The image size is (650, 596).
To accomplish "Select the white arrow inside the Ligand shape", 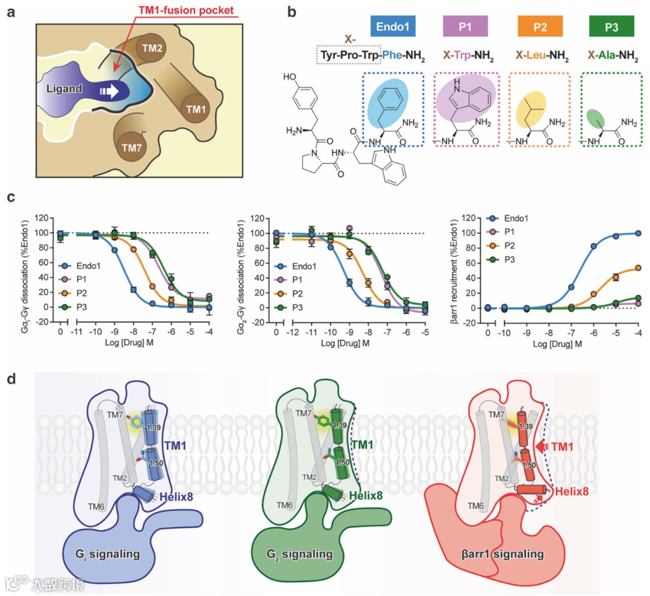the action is pos(109,91).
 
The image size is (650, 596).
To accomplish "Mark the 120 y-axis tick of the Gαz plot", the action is pos(259,218).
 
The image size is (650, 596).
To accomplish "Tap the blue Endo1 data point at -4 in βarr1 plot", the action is pos(638,233).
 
